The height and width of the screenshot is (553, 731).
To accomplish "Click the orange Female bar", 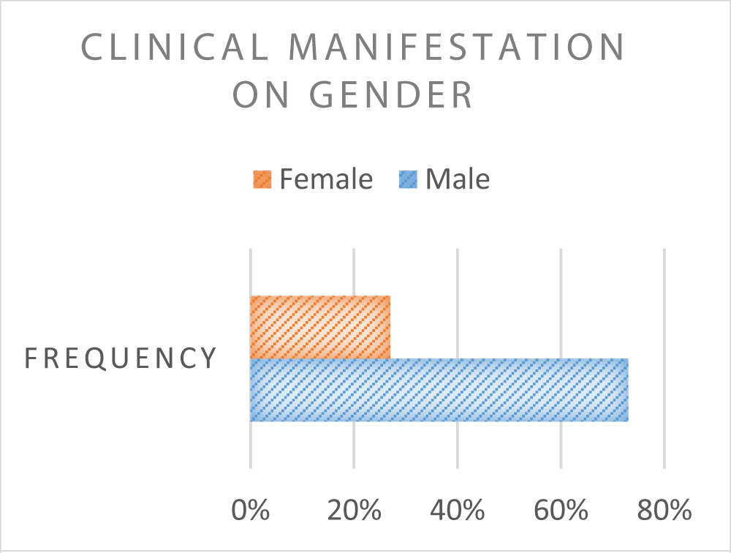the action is pos(320,327).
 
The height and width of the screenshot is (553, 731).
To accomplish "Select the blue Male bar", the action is pos(439,390).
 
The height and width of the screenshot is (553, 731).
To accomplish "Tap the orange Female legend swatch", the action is pos(262,179).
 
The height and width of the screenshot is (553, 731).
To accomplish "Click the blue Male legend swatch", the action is pos(409,179).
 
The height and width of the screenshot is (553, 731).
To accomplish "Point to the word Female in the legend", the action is pos(326,179).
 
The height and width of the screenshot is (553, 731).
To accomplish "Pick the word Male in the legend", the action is pos(458,179).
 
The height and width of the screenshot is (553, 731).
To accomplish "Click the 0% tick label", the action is pos(251,510).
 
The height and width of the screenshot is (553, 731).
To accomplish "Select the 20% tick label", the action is pos(355,510).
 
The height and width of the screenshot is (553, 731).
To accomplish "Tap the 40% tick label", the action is pos(458,510).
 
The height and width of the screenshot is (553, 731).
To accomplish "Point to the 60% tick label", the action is pos(561,510).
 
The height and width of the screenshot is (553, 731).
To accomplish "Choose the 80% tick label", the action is pos(664,510).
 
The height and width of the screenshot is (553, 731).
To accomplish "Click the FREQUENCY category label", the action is pos(121,358).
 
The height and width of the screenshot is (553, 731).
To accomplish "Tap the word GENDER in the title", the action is pos(392,95).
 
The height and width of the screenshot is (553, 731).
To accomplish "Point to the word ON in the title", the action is pos(261,95).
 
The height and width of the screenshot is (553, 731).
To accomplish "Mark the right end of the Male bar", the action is pos(629,390).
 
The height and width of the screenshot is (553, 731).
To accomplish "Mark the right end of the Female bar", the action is pos(390,327).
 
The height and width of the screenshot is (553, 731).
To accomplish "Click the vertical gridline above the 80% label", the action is pos(664,358).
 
